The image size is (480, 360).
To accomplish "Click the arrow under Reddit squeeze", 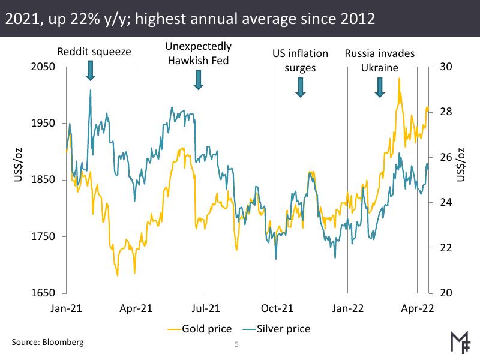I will tap(91, 70).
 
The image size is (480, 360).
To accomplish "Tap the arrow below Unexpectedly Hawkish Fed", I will tap(199, 79).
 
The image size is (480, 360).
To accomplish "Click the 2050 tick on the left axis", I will tap(44, 67).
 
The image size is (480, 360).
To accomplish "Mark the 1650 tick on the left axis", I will tap(44, 293).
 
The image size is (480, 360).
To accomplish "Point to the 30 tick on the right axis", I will tap(445, 67).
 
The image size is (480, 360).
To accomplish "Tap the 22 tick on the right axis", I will tap(445, 248).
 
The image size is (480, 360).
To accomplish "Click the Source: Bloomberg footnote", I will tap(47, 342).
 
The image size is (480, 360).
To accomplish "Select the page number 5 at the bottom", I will tap(236, 345).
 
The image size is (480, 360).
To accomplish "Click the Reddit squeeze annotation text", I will tap(94, 53).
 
